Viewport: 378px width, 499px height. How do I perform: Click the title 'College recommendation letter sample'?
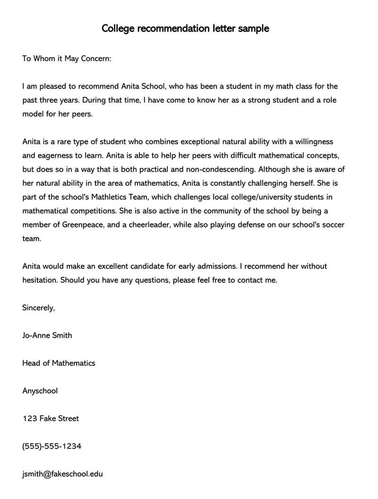pos(185,28)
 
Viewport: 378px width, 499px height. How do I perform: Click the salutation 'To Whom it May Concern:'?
pos(67,59)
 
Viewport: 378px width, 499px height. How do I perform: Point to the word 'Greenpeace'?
pos(83,225)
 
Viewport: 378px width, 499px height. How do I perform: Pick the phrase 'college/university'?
pos(269,197)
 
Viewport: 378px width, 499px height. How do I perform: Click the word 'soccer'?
pos(333,225)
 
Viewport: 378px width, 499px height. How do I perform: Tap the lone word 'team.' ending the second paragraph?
pos(32,238)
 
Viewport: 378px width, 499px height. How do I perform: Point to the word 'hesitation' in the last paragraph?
pos(40,280)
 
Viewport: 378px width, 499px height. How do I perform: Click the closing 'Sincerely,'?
pos(39,307)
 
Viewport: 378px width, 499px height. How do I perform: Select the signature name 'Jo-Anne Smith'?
pos(47,335)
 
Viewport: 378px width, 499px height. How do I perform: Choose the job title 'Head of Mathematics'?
pos(59,363)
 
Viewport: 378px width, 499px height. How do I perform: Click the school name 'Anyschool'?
pos(40,391)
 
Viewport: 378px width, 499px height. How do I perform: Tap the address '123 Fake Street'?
pos(51,418)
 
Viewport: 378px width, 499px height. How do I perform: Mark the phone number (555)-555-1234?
pos(52,446)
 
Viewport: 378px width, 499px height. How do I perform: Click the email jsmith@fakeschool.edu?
pos(62,473)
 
